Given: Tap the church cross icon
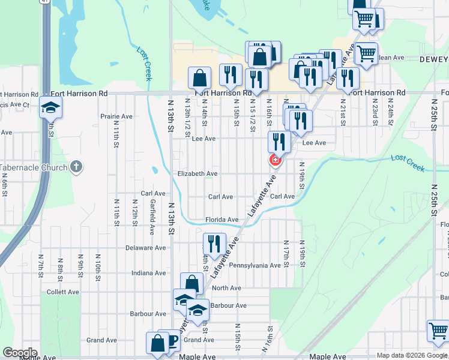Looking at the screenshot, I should (x=76, y=167).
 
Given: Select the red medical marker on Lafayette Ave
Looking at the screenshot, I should (x=276, y=160).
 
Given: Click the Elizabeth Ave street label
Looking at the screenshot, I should (x=197, y=173).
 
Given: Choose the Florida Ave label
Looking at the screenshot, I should (x=218, y=220).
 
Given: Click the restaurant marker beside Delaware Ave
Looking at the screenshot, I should (x=214, y=244).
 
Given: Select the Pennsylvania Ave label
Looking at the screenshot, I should (x=255, y=265).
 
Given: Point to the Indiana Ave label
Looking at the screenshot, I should (x=148, y=273).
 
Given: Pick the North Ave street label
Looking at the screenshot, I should (x=226, y=288).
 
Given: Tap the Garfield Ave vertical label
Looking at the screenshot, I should (x=153, y=217).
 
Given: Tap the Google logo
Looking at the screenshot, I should (x=20, y=353).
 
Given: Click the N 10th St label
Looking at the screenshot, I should (x=98, y=264).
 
